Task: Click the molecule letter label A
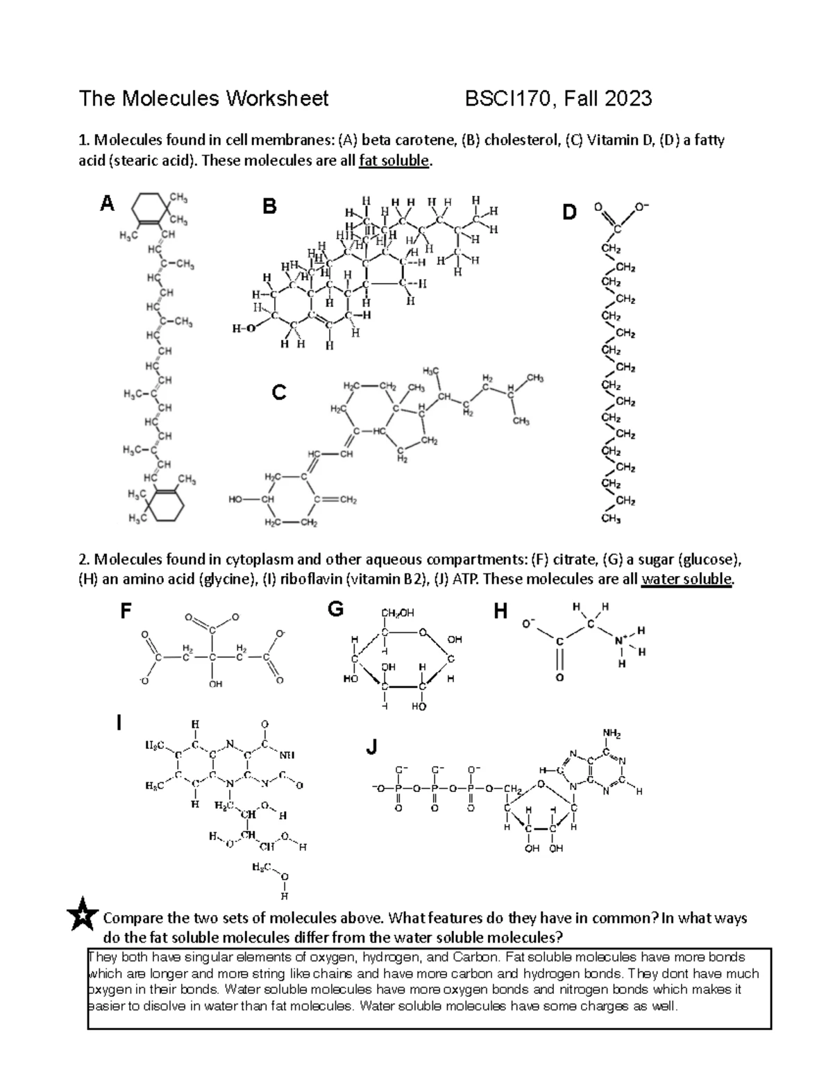pyautogui.click(x=107, y=204)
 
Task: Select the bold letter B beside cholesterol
pyautogui.click(x=269, y=206)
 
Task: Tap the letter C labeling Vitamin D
pyautogui.click(x=279, y=394)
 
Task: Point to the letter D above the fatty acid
pyautogui.click(x=570, y=212)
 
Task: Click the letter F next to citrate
pyautogui.click(x=126, y=612)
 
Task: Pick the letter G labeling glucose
pyautogui.click(x=336, y=610)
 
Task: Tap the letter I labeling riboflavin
pyautogui.click(x=119, y=723)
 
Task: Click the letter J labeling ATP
pyautogui.click(x=372, y=748)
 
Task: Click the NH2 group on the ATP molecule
pyautogui.click(x=612, y=734)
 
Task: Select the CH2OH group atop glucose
pyautogui.click(x=397, y=612)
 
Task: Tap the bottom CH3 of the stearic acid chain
pyautogui.click(x=611, y=518)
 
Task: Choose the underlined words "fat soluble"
pyautogui.click(x=394, y=162)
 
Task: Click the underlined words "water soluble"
pyautogui.click(x=687, y=579)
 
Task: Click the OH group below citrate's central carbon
pyautogui.click(x=215, y=684)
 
